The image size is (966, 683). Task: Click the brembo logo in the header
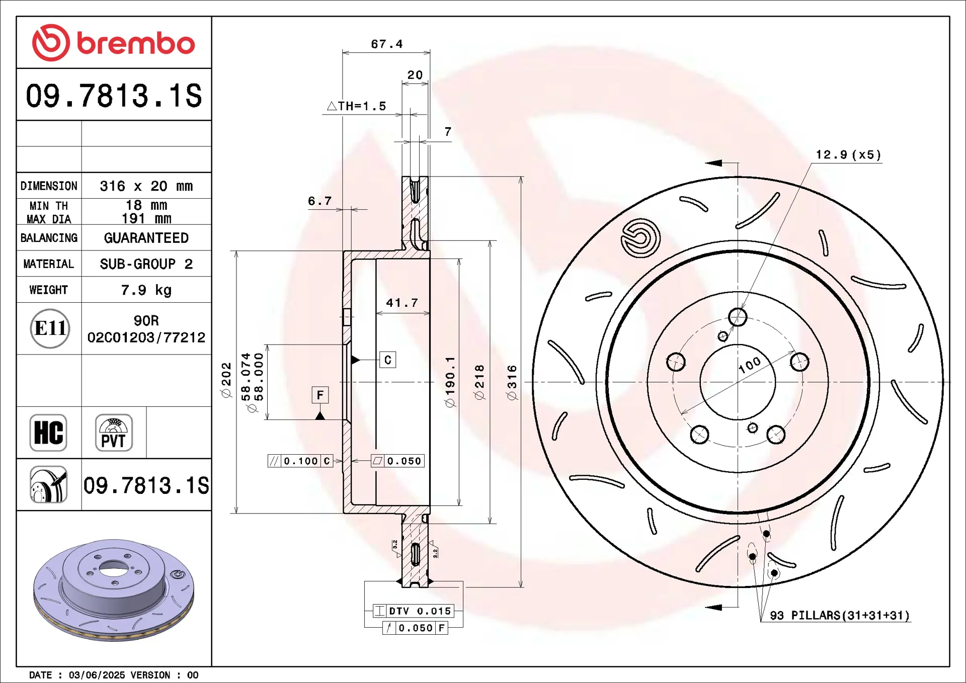[x=113, y=43]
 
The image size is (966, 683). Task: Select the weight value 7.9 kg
[x=146, y=290]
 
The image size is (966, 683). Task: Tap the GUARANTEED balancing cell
[x=146, y=238]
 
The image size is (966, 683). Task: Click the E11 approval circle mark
[x=50, y=328]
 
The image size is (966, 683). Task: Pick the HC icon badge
[x=48, y=433]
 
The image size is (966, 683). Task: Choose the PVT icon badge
[x=114, y=433]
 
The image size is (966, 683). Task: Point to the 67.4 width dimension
[x=387, y=44]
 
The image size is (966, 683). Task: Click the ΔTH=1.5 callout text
[x=357, y=106]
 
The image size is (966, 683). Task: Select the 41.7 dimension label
[x=402, y=303]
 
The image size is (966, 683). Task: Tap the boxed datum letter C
[x=387, y=360]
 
